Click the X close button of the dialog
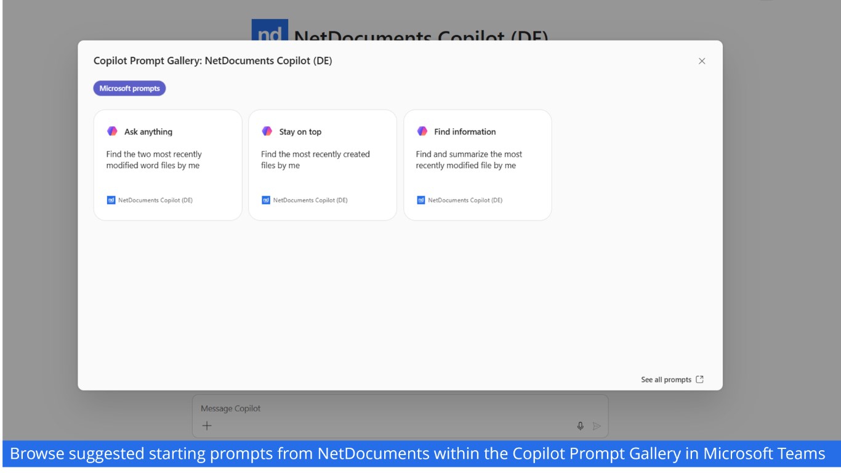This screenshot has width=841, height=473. [x=702, y=61]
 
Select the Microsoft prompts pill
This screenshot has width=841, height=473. [x=129, y=88]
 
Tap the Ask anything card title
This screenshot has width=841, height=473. [x=148, y=132]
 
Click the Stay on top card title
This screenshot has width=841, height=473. [x=300, y=132]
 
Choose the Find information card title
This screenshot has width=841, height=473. [x=465, y=132]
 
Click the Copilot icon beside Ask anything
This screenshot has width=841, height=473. [x=112, y=131]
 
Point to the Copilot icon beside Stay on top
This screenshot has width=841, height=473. [x=267, y=131]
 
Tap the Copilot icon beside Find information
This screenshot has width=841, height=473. [x=422, y=131]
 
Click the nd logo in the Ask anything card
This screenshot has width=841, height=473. [x=111, y=200]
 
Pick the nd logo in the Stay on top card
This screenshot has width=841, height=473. [x=266, y=200]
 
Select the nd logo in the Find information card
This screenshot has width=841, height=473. [x=421, y=200]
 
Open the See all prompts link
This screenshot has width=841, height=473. [x=666, y=379]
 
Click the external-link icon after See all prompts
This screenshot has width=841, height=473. [x=699, y=379]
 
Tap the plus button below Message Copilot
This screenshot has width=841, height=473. [x=207, y=426]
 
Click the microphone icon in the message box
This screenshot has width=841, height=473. [x=580, y=426]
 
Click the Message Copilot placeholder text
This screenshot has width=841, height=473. [x=230, y=408]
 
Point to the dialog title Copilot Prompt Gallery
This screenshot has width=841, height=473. [x=213, y=60]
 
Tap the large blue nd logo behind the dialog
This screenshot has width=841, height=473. [x=270, y=30]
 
